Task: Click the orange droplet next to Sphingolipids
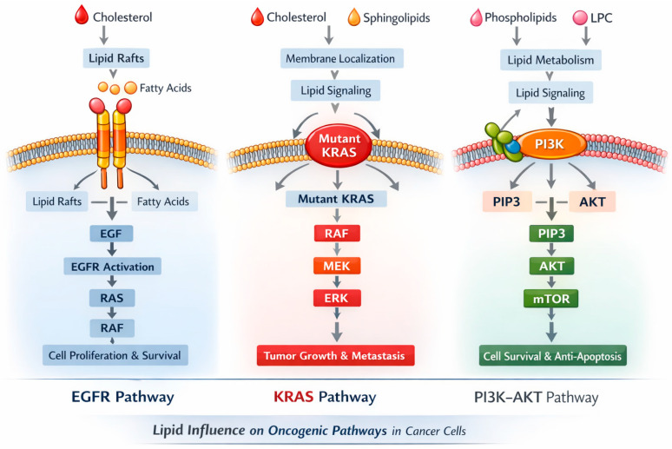(x=354, y=17)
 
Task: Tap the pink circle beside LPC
(x=580, y=17)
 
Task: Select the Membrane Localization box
(x=341, y=58)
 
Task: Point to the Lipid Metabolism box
(x=550, y=60)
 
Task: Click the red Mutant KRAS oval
(x=339, y=146)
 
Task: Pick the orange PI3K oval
(x=551, y=144)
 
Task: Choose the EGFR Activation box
(x=112, y=267)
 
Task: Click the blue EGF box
(x=111, y=234)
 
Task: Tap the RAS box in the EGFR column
(x=112, y=298)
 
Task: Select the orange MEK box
(x=337, y=266)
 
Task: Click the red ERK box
(x=337, y=298)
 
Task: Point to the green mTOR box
(x=551, y=299)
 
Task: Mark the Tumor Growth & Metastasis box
(x=336, y=355)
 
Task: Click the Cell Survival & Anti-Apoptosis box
(x=552, y=356)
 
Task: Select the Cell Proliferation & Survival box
(x=115, y=355)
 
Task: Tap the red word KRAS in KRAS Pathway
(x=293, y=396)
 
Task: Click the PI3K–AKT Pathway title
(x=537, y=397)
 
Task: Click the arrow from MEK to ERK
(x=337, y=281)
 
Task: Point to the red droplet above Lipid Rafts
(x=82, y=15)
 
